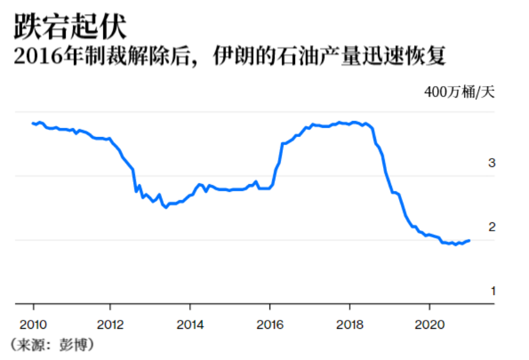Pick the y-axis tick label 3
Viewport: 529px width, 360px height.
click(491, 163)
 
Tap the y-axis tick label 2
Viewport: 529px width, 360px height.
click(491, 227)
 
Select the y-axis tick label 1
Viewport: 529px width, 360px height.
click(491, 291)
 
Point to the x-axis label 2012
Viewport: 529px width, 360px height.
click(110, 322)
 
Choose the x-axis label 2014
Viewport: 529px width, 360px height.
click(190, 322)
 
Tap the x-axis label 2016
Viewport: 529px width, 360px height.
click(270, 322)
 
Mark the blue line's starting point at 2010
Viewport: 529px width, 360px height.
click(32, 123)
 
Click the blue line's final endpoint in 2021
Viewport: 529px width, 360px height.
click(470, 240)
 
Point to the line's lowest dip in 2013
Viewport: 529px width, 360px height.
click(166, 208)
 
